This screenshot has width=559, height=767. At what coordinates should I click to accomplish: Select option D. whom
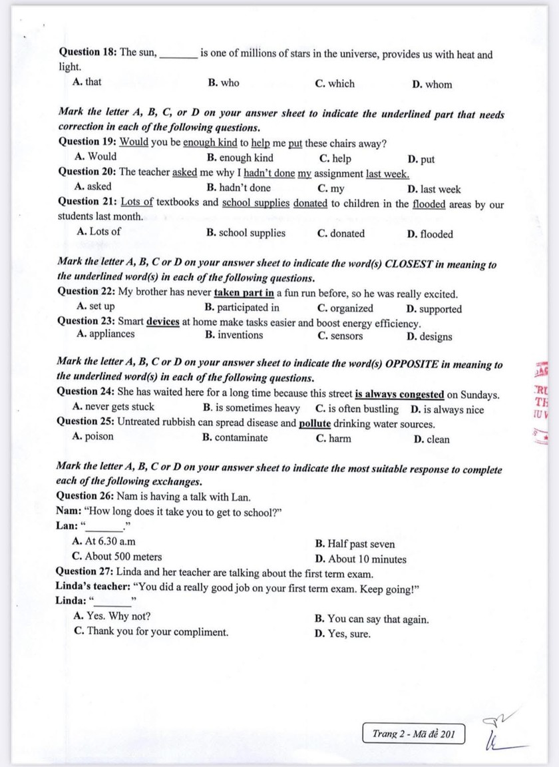click(432, 85)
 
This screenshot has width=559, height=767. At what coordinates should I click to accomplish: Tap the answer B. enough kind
click(240, 158)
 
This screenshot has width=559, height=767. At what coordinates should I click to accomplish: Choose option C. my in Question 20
click(331, 188)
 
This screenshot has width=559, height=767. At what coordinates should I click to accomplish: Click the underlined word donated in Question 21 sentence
click(310, 202)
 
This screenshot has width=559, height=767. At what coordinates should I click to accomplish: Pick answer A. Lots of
click(99, 232)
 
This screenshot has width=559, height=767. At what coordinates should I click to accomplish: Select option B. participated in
click(242, 308)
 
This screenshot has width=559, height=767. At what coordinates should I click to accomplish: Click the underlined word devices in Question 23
click(163, 322)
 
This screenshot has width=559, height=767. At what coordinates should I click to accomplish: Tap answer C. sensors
click(340, 336)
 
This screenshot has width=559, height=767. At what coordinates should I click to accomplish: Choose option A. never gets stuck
click(113, 407)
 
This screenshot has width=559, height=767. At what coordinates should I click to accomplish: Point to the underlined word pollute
click(315, 423)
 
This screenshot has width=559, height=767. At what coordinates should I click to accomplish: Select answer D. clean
click(431, 439)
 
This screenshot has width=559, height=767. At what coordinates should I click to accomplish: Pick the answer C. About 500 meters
click(117, 557)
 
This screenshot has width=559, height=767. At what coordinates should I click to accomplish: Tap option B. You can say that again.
click(371, 619)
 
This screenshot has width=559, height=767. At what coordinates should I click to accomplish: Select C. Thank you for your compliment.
click(152, 632)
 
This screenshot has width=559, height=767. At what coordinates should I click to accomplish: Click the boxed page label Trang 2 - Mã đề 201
click(414, 734)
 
